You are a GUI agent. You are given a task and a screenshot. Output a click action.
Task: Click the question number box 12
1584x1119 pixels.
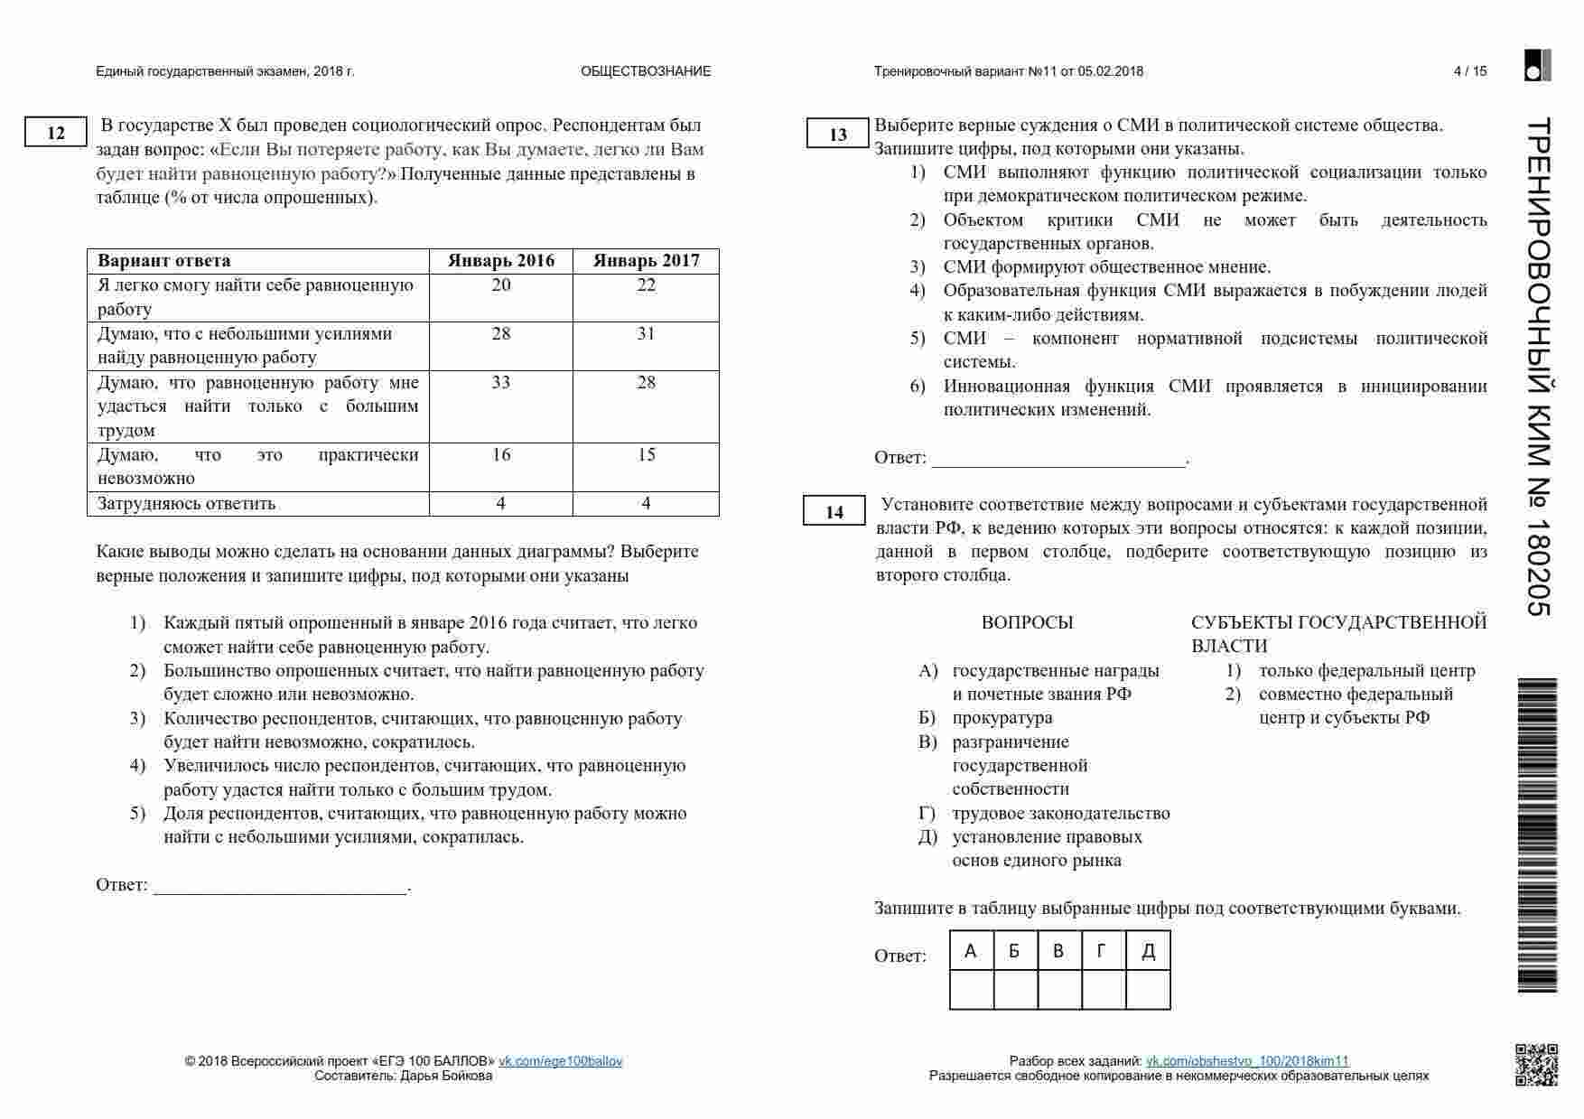pos(56,133)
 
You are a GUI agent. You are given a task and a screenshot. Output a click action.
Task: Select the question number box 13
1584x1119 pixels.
pos(838,135)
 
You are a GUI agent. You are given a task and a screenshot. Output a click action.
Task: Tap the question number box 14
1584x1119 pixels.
pos(834,512)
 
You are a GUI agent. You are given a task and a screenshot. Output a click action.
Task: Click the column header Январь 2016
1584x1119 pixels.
pos(501,261)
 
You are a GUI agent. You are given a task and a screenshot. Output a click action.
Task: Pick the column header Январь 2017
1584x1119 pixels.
pos(646,261)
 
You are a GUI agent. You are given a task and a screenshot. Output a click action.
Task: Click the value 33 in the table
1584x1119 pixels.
pos(501,382)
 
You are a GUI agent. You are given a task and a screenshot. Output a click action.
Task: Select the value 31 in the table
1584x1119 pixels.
pos(646,333)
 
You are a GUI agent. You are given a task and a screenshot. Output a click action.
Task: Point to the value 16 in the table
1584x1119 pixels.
pos(501,454)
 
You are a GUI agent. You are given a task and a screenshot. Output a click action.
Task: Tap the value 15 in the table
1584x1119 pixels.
pos(646,454)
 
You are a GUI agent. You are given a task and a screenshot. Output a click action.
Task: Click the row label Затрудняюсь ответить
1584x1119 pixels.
pos(186,503)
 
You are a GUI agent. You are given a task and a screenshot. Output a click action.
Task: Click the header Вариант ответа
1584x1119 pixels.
pos(163,261)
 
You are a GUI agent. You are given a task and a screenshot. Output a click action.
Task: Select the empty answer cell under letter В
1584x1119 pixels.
pos(1059,989)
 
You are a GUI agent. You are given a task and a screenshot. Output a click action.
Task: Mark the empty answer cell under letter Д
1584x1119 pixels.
pos(1148,989)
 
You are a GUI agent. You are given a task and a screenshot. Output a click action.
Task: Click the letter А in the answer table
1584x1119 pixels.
pos(971,950)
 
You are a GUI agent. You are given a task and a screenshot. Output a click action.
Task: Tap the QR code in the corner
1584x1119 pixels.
pos(1536,1064)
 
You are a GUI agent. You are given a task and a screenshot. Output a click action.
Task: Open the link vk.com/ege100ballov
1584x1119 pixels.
pos(561,1061)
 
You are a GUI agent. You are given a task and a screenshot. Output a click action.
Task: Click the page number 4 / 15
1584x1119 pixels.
pos(1470,71)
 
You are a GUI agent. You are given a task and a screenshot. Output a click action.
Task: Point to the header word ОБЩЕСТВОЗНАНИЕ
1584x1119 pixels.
pos(646,71)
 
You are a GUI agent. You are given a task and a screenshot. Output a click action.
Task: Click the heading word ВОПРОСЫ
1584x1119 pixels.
pos(1027,622)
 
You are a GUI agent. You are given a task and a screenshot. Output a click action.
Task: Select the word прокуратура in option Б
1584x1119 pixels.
pos(1002,718)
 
